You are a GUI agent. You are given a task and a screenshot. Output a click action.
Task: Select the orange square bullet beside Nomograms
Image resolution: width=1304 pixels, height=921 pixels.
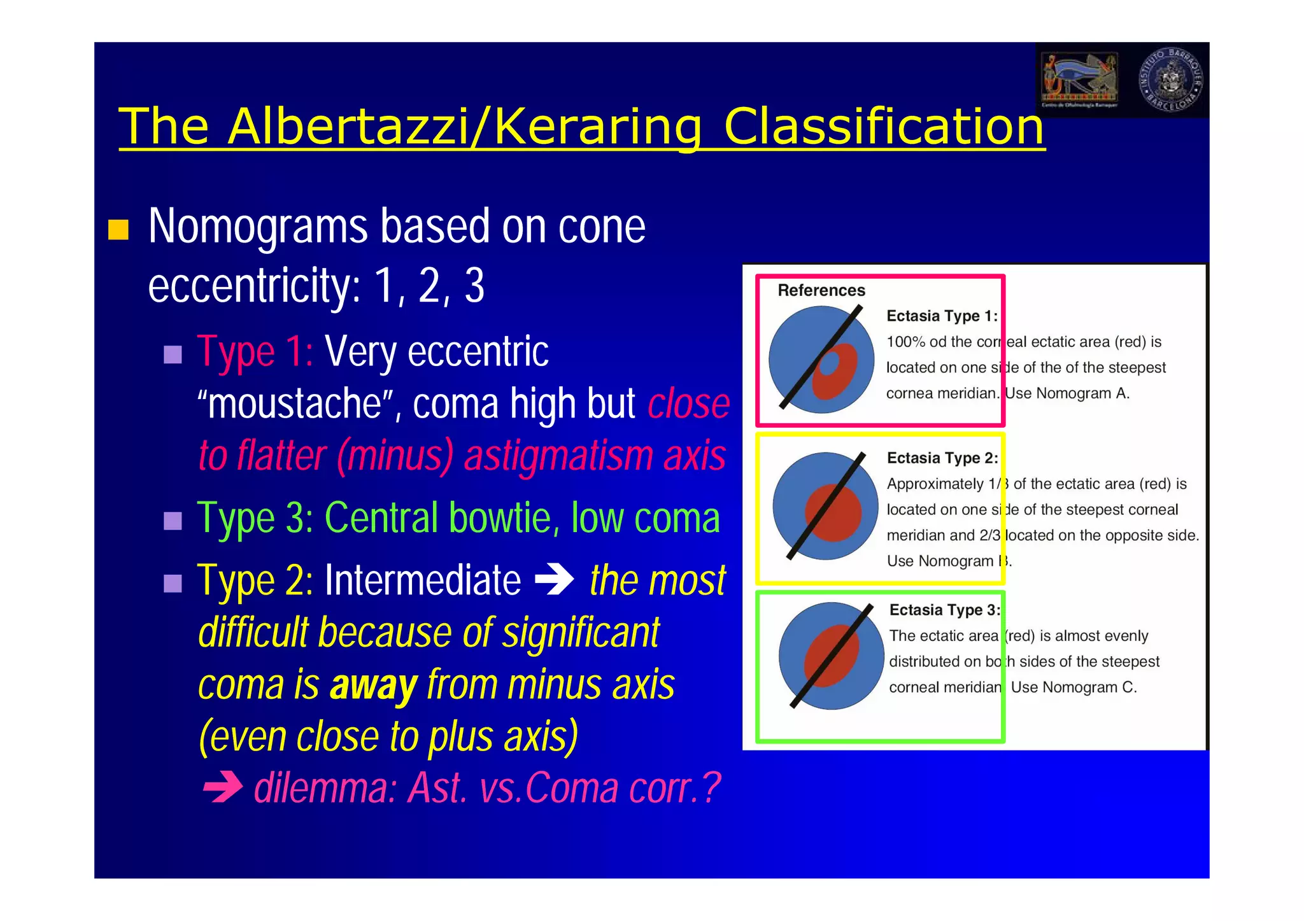coord(118,229)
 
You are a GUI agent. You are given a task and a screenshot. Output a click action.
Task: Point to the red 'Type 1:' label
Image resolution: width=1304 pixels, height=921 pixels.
coord(255,351)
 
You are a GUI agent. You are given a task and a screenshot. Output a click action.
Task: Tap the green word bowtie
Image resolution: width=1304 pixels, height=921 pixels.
coord(500,518)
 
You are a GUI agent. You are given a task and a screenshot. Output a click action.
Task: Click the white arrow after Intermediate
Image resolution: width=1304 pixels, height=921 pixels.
coord(554,580)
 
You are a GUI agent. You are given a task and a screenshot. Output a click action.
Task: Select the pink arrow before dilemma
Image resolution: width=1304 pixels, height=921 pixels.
coord(223,788)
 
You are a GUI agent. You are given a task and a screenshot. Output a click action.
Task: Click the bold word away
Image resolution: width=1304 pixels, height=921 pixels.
coord(373,685)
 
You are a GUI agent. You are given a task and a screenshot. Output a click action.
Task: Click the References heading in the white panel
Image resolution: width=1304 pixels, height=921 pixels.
coord(821,290)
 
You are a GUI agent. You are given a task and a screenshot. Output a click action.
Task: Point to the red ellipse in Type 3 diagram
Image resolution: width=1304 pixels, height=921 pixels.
coord(831,656)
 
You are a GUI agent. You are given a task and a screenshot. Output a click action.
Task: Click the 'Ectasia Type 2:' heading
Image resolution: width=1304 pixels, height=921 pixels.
coord(942,458)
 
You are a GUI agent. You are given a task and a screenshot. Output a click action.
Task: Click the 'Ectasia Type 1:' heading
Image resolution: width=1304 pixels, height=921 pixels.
coord(942,316)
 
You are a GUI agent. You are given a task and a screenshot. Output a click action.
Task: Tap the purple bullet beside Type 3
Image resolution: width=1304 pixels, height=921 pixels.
coord(173,521)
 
